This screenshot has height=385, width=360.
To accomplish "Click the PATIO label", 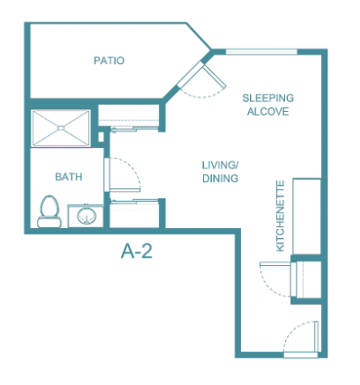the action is pyautogui.click(x=109, y=60).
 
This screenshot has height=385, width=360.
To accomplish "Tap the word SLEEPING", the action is pyautogui.click(x=268, y=98).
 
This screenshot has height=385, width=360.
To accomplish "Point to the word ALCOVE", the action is pyautogui.click(x=268, y=112).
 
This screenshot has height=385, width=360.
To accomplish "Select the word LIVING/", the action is pyautogui.click(x=220, y=165).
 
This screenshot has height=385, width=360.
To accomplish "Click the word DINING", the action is pyautogui.click(x=220, y=179).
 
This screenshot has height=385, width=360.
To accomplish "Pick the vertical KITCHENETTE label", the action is pyautogui.click(x=280, y=215).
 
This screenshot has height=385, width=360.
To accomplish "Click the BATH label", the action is pyautogui.click(x=69, y=177).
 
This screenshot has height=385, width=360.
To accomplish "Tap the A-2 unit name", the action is pyautogui.click(x=136, y=251).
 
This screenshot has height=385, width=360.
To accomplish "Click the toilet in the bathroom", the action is pyautogui.click(x=50, y=211).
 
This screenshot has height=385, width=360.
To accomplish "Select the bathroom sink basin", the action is pyautogui.click(x=87, y=215).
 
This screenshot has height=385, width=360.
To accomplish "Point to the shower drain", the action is pyautogui.click(x=61, y=128).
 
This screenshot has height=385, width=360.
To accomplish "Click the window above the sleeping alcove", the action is pyautogui.click(x=262, y=51).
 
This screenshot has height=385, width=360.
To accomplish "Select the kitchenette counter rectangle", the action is pyautogui.click(x=307, y=216).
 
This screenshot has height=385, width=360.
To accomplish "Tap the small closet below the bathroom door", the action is pyautogui.click(x=134, y=214).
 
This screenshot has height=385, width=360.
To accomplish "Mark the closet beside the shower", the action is pyautogui.click(x=129, y=115).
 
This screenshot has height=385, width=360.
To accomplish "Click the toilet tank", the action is pyautogui.click(x=50, y=222).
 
